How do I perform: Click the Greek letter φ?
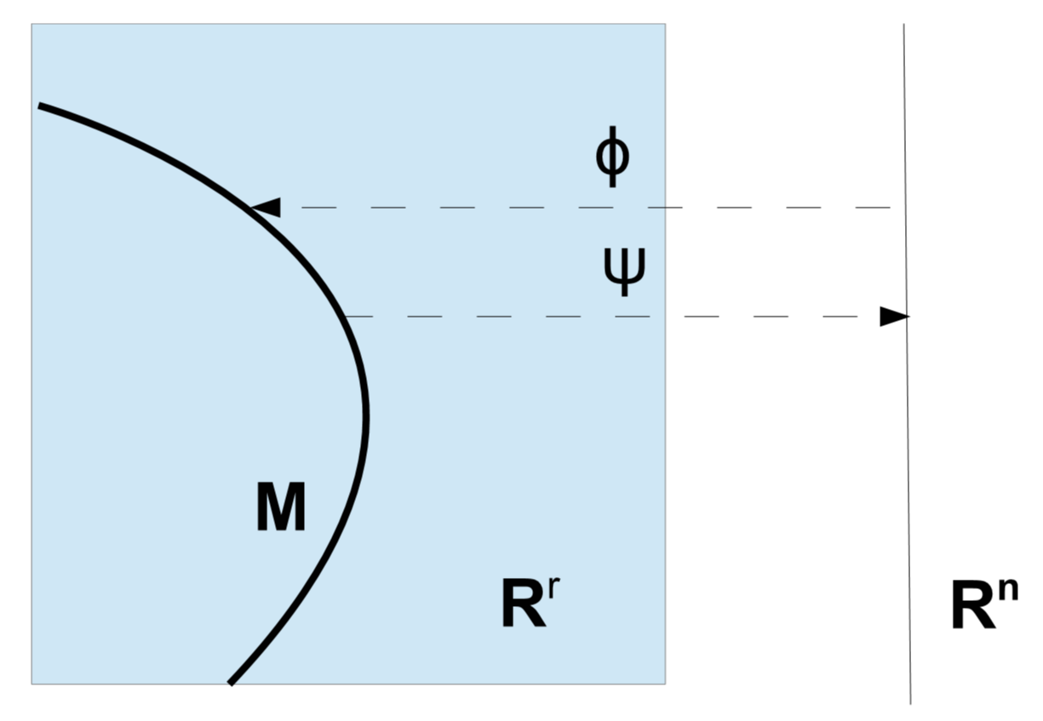(612, 159)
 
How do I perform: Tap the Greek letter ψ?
(624, 272)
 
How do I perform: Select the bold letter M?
(281, 511)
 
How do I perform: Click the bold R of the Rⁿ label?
(973, 608)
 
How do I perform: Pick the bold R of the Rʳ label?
(524, 607)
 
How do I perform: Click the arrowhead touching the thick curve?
(266, 207)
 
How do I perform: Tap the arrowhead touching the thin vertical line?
(895, 317)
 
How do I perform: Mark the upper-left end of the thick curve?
(39, 106)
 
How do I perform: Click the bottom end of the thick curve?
(230, 683)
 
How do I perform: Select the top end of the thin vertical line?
(903, 25)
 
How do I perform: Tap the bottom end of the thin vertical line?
(911, 703)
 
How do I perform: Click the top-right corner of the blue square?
(665, 25)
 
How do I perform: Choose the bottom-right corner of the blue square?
(665, 684)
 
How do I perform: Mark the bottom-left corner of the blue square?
(32, 684)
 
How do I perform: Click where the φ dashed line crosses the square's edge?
(665, 207)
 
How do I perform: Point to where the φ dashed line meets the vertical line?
(905, 207)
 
